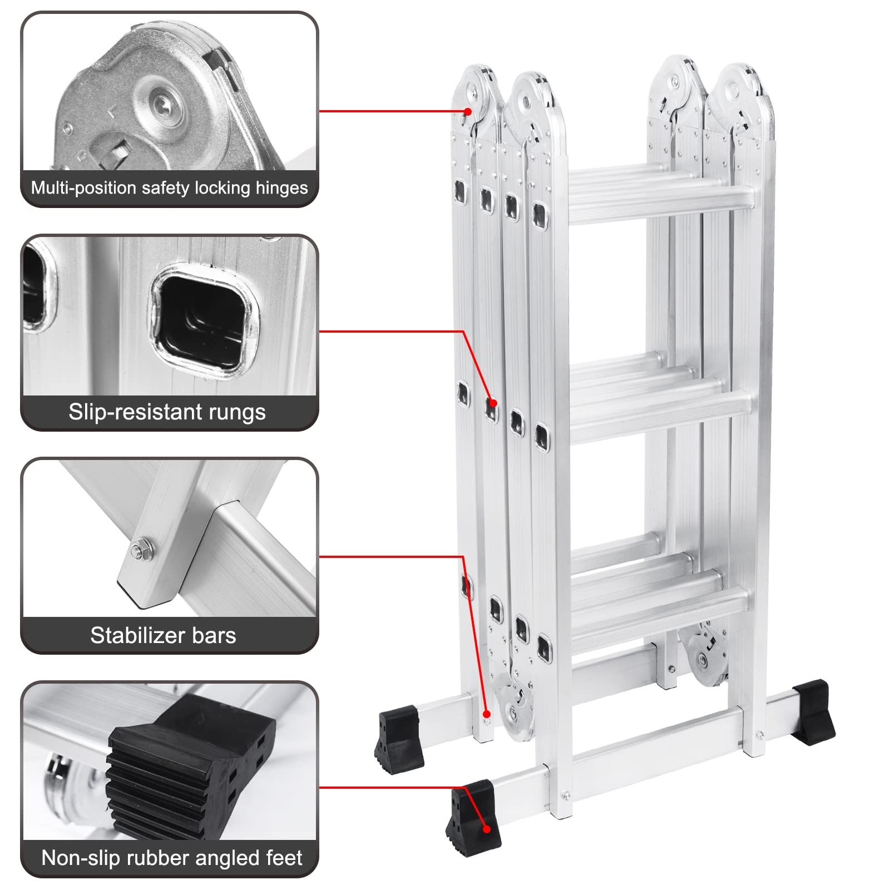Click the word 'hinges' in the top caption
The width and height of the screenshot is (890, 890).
coord(281,188)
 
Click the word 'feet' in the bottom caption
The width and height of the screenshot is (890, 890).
coord(284,858)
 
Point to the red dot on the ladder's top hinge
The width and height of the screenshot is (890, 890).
coord(468,112)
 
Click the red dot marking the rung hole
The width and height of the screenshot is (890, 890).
coord(493,403)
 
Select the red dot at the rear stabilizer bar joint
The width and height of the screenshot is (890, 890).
coord(486,714)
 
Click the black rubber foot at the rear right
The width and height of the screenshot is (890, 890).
coord(813,712)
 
